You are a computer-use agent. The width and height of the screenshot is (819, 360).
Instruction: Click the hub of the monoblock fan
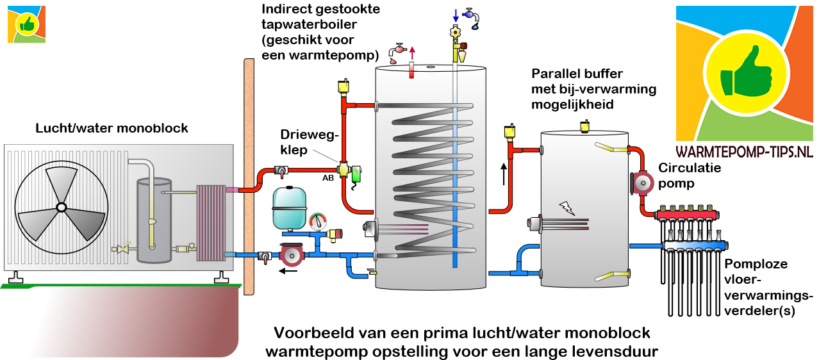(61, 207)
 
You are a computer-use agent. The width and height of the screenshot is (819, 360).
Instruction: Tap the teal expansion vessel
(291, 208)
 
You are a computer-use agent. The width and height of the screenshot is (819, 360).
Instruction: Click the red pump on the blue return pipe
(290, 256)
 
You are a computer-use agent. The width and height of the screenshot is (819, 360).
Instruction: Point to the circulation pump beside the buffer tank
(643, 184)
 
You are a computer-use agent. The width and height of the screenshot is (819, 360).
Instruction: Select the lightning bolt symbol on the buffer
(567, 207)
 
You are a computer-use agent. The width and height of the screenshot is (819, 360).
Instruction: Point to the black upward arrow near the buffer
(504, 174)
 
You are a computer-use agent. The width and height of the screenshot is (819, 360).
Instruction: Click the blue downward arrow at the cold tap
(456, 14)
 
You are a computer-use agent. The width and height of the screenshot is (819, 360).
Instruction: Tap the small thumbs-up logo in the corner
(27, 24)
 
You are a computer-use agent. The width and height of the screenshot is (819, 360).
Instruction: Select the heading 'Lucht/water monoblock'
(112, 129)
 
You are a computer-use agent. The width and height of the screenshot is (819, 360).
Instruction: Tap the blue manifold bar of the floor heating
(695, 244)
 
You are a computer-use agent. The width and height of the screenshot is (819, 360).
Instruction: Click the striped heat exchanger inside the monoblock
(211, 223)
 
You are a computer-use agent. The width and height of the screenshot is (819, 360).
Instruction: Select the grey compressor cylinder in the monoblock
(154, 221)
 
